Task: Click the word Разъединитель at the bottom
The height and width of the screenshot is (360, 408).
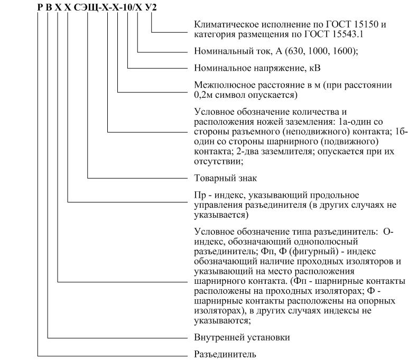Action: click(x=225, y=354)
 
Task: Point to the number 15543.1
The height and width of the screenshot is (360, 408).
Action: click(x=347, y=34)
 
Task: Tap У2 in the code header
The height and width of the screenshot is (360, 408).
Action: click(x=151, y=7)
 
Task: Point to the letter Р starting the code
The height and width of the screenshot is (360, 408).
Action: click(x=40, y=7)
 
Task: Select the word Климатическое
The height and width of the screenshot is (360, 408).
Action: click(x=226, y=24)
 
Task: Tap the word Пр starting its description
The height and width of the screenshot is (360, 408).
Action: click(x=200, y=195)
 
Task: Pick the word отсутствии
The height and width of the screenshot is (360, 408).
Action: click(x=218, y=162)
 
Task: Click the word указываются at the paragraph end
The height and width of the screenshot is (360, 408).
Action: click(x=221, y=321)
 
